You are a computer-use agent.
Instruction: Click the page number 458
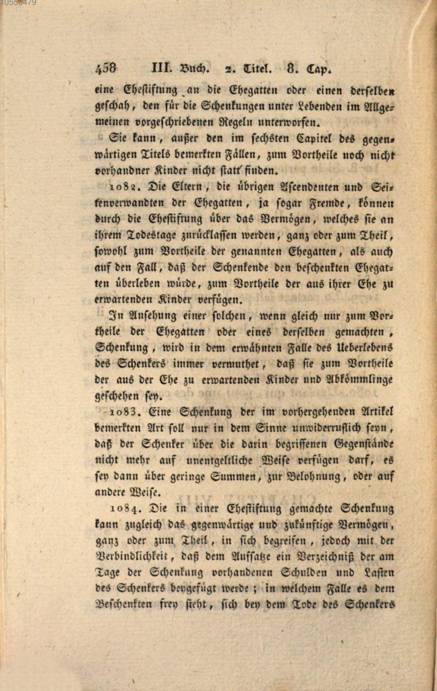point(106,68)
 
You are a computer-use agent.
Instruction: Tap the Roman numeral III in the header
point(158,67)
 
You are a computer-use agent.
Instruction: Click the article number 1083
point(123,411)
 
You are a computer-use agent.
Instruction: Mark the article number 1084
point(123,509)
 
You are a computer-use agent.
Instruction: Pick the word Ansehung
point(152,314)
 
